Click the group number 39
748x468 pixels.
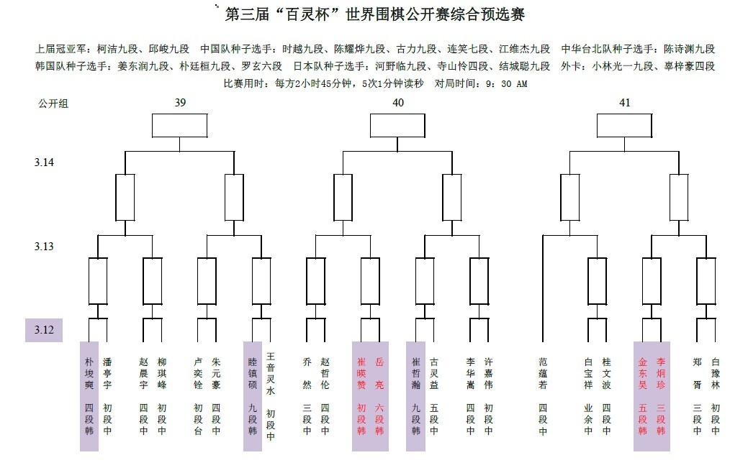pos(180,103)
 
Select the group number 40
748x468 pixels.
pos(398,103)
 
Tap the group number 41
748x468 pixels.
pos(624,103)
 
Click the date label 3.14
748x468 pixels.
pos(44,162)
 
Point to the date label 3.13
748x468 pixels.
pos(44,247)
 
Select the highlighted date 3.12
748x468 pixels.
pos(44,330)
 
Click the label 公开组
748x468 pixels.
pos(53,104)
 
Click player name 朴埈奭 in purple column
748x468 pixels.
pos(89,373)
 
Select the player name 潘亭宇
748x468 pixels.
pos(107,373)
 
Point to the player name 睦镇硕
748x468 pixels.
pos(253,373)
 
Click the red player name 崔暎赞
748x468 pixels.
pos(361,373)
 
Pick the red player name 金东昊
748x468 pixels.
pos(643,373)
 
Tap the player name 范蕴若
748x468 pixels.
pos(543,373)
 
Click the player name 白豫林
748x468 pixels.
pos(715,373)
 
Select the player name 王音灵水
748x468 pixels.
pos(271,374)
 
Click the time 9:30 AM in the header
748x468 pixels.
pos(507,84)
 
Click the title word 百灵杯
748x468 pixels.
pos(308,14)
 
